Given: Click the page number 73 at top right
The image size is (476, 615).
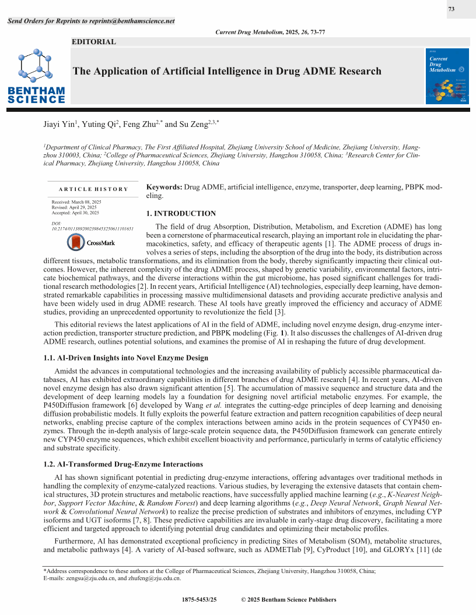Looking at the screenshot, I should pyautogui.click(x=451, y=9).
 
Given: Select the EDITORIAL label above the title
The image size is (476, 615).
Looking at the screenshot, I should pyautogui.click(x=93, y=42).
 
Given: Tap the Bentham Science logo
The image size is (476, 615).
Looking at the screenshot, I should pyautogui.click(x=36, y=78).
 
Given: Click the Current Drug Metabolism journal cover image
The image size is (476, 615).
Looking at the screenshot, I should pyautogui.click(x=447, y=76).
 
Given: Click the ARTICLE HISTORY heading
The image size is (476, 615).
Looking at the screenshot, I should pyautogui.click(x=93, y=189).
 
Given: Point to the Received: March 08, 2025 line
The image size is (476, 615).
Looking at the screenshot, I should pyautogui.click(x=76, y=202).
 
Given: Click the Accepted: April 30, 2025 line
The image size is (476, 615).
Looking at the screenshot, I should pyautogui.click(x=75, y=213).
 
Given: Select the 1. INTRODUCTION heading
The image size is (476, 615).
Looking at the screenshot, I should pyautogui.click(x=181, y=214).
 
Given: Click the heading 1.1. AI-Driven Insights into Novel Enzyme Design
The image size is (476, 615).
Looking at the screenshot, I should pyautogui.click(x=125, y=358).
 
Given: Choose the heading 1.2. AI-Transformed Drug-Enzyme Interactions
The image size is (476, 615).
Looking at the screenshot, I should pyautogui.click(x=123, y=464).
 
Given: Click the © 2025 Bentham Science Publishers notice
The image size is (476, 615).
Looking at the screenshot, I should pyautogui.click(x=288, y=600).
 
